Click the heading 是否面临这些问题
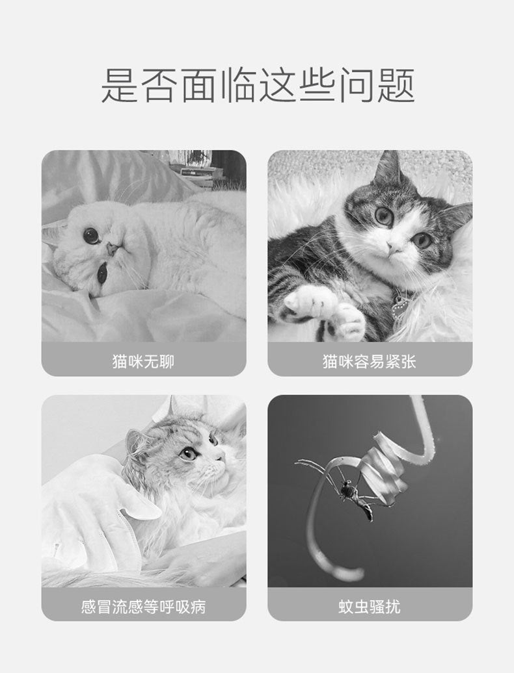[x=258, y=85]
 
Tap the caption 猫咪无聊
[x=143, y=361]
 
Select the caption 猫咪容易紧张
[x=369, y=361]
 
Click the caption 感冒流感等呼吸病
[x=143, y=607]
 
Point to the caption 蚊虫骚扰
[x=369, y=607]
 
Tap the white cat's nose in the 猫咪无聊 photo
[x=111, y=248]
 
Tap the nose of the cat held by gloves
[x=221, y=457]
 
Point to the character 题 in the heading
[x=396, y=85]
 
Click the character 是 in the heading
[x=120, y=85]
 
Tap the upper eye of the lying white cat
[x=91, y=235]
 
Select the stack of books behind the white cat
[x=196, y=171]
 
